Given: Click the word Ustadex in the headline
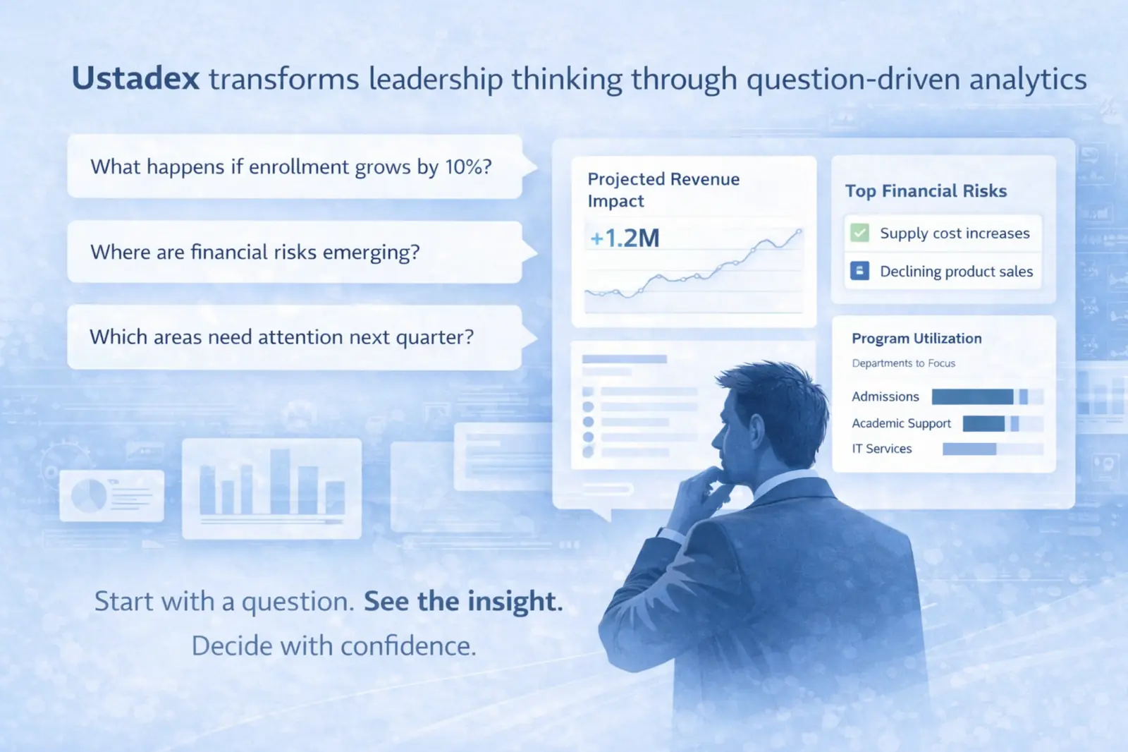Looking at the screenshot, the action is [135, 78].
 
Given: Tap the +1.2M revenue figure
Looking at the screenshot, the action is [625, 238].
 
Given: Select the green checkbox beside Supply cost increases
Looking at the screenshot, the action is [859, 233].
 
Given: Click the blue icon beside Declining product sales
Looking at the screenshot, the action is [859, 271].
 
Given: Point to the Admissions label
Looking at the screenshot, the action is [885, 396].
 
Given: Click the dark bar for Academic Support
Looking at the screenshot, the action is [983, 423].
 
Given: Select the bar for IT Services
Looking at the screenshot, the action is [969, 449].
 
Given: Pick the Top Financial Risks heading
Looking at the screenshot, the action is [926, 191].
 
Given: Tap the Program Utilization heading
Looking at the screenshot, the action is [916, 338].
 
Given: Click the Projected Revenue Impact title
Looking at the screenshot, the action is [663, 190].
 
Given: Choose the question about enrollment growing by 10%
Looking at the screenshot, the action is [291, 166].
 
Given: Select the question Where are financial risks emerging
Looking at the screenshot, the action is [255, 252].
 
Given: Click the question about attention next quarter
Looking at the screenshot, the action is [281, 336].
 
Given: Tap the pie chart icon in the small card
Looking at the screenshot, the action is [89, 495].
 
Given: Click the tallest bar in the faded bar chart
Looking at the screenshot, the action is [280, 481].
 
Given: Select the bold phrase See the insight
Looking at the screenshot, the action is [463, 601].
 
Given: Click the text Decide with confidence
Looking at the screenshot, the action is [334, 645].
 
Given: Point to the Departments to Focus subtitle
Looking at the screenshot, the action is [903, 363].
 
